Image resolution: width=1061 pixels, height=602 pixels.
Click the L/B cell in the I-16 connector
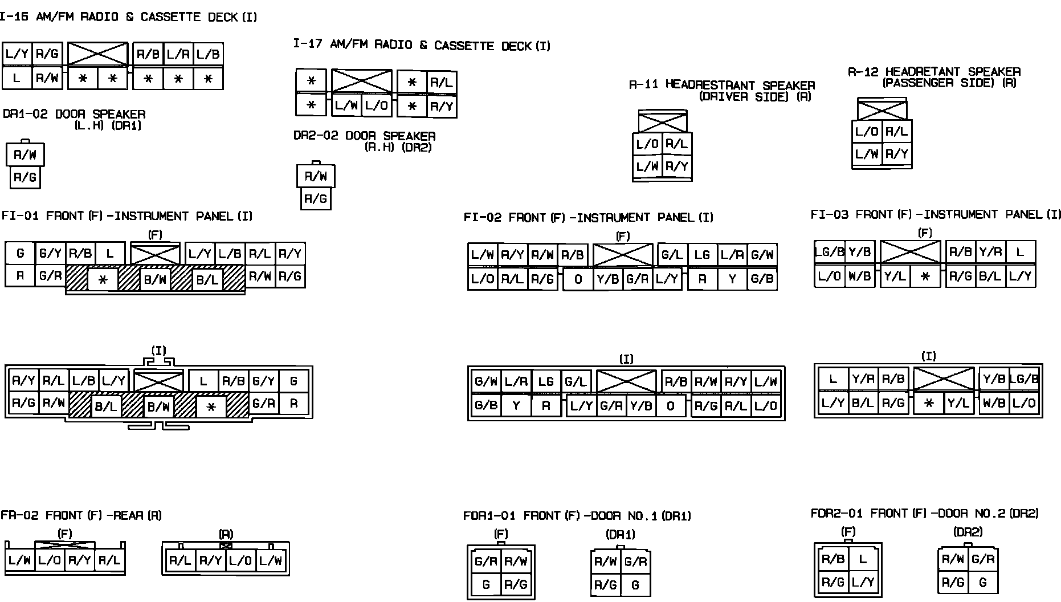208,55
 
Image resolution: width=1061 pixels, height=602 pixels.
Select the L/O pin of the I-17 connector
377,105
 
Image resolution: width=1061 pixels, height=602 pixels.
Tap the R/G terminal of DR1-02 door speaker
25,177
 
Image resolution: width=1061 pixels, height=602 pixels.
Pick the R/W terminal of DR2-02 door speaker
316,176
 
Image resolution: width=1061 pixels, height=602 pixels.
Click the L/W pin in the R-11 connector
647,166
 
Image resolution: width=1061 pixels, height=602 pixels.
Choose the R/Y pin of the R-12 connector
896,154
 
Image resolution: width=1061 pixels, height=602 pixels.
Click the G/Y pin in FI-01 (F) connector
50,254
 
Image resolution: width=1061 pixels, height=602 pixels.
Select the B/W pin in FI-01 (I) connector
158,407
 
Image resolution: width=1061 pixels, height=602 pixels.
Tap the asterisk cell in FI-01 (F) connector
103,280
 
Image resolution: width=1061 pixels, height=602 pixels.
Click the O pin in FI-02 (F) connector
578,279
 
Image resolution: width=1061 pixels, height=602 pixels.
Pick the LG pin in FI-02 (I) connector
546,381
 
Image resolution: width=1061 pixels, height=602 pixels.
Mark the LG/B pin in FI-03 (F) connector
829,251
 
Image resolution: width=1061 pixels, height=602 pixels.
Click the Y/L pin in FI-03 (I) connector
958,403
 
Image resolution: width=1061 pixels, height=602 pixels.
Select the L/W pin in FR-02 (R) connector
271,560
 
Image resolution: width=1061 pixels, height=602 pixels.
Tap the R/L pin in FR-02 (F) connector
109,560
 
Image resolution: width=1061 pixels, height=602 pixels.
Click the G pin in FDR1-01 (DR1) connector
635,584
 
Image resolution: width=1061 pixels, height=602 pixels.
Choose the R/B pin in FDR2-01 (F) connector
833,559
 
